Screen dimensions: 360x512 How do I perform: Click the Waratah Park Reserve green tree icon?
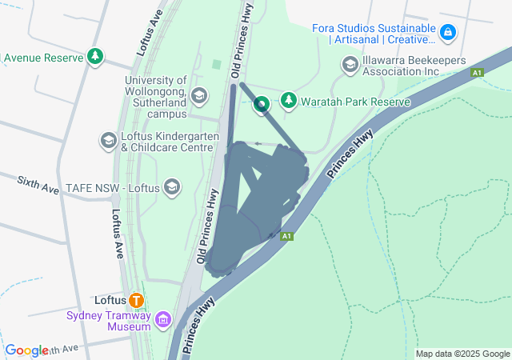coord(288,101)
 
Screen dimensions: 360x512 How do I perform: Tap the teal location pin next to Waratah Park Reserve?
coord(262,104)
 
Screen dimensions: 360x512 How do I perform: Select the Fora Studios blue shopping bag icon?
coord(449,33)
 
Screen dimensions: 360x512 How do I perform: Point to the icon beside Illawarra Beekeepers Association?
coord(349,63)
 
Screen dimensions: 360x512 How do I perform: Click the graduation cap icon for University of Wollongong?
coord(199,95)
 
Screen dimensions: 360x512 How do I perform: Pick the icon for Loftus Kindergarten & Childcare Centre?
coord(108,141)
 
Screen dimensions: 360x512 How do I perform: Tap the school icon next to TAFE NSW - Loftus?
coord(171,187)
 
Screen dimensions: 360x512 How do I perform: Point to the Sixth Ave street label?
coord(38,186)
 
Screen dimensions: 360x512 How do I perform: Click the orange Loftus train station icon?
coord(137,301)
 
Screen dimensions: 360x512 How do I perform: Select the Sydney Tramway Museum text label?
coord(109,320)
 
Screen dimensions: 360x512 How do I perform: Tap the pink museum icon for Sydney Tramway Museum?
coord(163,321)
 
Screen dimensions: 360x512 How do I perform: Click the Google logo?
coord(26,350)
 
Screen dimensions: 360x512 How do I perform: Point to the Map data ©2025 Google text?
coord(462,354)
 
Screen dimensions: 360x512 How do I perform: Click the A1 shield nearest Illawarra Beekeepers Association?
coord(478,73)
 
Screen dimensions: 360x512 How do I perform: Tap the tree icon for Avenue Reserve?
coord(96,56)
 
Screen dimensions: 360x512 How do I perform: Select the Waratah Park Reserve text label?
coord(355,102)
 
